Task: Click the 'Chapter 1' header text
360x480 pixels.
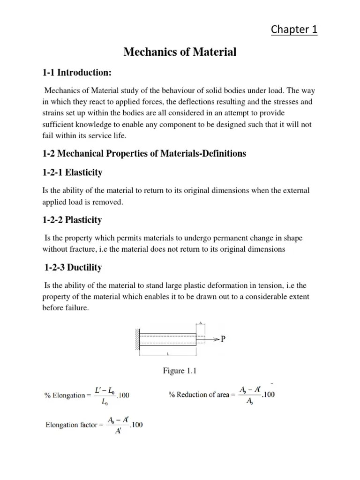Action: [294, 30]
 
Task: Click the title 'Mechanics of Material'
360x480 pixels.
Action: [180, 52]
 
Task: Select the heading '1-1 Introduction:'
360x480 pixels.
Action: [77, 73]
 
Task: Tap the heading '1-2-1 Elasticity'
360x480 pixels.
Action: [73, 172]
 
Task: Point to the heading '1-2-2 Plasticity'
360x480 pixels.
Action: [72, 220]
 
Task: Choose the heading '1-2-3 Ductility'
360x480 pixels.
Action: [73, 268]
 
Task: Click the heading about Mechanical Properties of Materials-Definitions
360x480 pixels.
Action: [144, 154]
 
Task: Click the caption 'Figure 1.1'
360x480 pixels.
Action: [180, 371]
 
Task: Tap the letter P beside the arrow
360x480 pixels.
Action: [223, 339]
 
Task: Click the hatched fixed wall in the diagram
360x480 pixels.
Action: [137, 339]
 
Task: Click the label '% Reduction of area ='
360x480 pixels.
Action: [199, 395]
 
